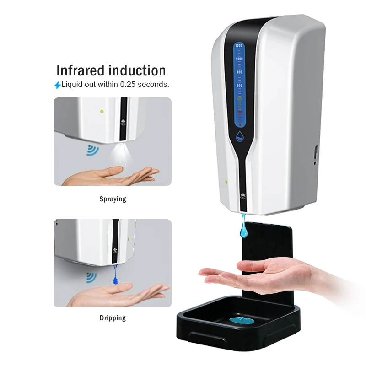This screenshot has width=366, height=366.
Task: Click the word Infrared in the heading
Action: [81, 70]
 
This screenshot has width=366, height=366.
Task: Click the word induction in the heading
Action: [137, 70]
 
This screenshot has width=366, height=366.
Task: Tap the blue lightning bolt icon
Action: [57, 85]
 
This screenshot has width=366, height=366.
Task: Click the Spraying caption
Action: [113, 199]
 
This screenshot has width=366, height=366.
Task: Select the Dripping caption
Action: [113, 318]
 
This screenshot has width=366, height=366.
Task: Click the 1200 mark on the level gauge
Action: [238, 46]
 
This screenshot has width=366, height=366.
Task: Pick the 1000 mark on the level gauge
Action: [239, 59]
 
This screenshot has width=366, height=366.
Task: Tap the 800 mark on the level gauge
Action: [239, 72]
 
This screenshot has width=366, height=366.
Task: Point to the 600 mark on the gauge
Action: [239, 86]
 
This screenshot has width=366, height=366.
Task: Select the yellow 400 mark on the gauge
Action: [239, 98]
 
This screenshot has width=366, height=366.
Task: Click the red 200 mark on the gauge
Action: [240, 112]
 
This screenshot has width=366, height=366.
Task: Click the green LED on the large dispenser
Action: [226, 181]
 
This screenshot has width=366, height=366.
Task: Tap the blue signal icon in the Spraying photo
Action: [93, 150]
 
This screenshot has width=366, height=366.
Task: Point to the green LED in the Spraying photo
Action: [102, 111]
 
